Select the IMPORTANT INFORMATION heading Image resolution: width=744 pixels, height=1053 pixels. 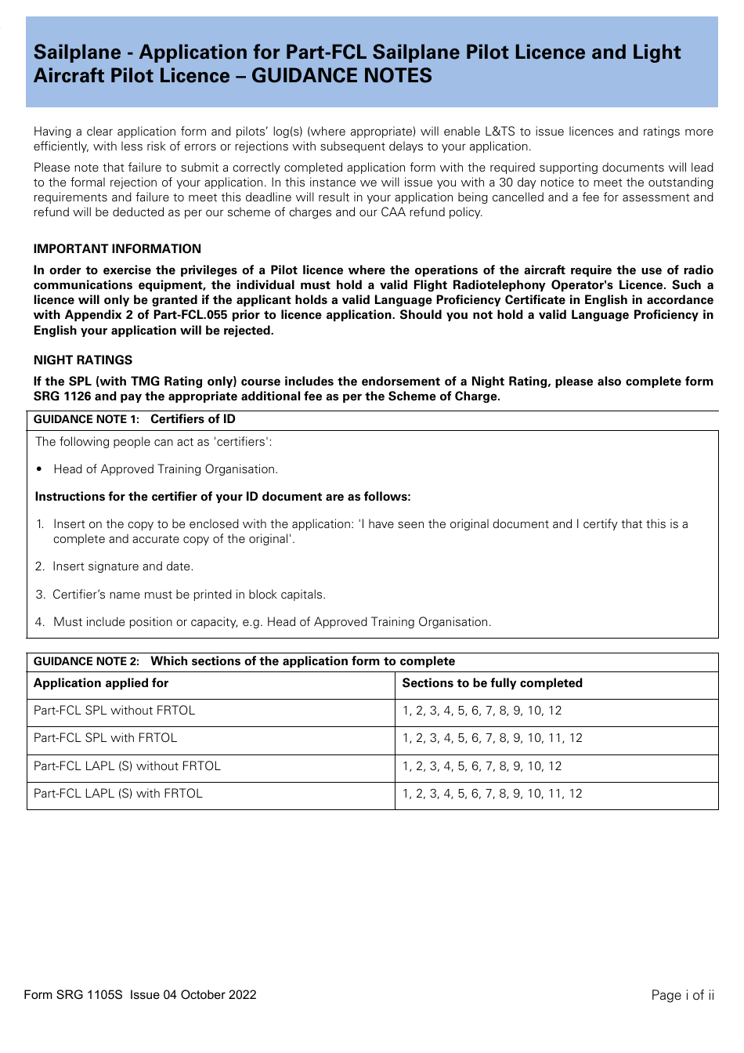pyautogui.click(x=117, y=249)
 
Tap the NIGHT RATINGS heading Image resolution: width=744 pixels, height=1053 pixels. pyautogui.click(x=83, y=360)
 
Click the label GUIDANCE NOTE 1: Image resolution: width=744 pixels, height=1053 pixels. pyautogui.click(x=86, y=420)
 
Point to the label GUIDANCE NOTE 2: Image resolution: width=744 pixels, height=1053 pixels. pyautogui.click(x=86, y=662)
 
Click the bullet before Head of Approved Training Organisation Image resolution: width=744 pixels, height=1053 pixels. pyautogui.click(x=39, y=469)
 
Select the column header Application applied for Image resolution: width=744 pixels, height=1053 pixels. pyautogui.click(x=101, y=683)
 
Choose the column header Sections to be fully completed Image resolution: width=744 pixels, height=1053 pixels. pyautogui.click(x=492, y=683)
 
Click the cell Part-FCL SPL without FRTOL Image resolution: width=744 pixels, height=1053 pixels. pyautogui.click(x=114, y=711)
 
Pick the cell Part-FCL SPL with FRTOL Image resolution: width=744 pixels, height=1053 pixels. pyautogui.click(x=105, y=738)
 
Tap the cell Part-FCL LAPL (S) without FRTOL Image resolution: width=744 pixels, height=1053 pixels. pyautogui.click(x=127, y=766)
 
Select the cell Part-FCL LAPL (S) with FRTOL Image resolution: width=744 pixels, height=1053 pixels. pyautogui.click(x=118, y=794)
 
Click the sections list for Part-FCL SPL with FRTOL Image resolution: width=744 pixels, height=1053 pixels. pyautogui.click(x=492, y=738)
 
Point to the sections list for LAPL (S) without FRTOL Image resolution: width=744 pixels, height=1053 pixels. pyautogui.click(x=482, y=766)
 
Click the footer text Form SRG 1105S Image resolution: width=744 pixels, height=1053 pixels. pyautogui.click(x=74, y=995)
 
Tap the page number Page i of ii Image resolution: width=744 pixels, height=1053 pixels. pyautogui.click(x=682, y=995)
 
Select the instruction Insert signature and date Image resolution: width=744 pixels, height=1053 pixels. pyautogui.click(x=123, y=566)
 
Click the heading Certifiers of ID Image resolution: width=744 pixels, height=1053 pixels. pyautogui.click(x=193, y=420)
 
